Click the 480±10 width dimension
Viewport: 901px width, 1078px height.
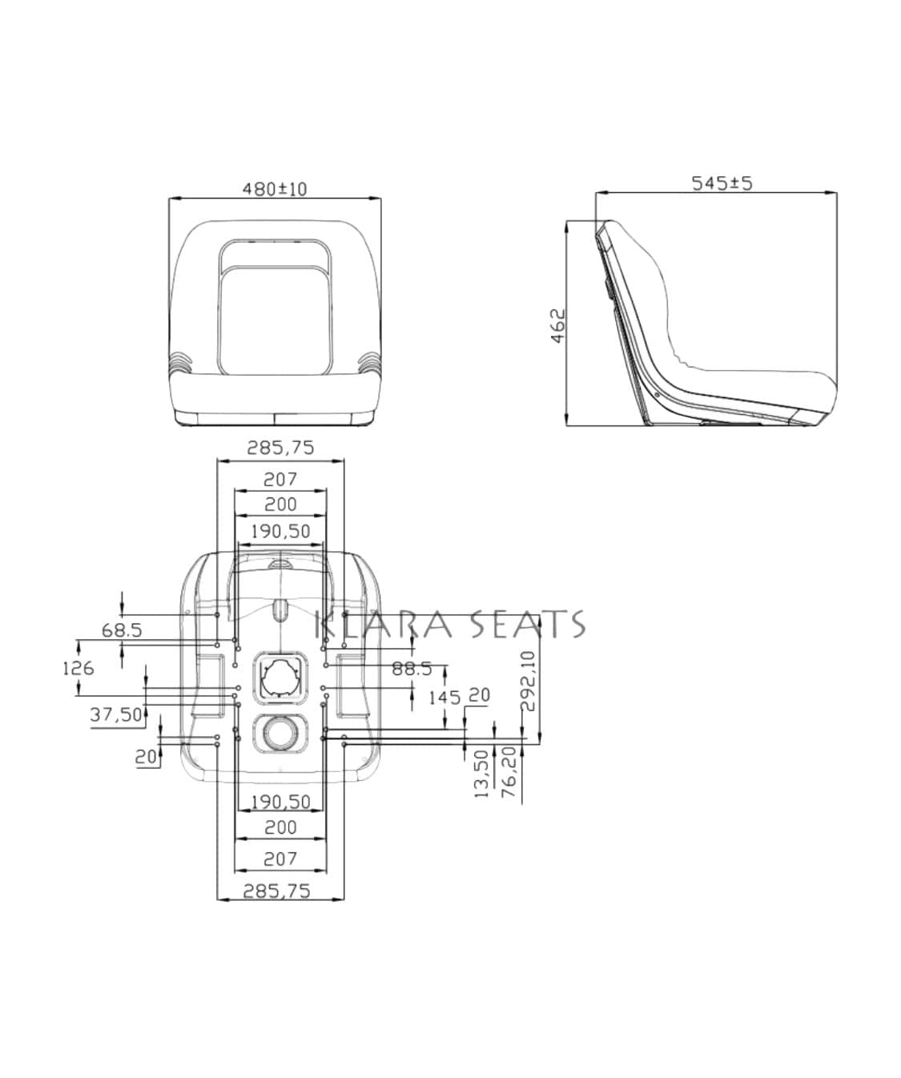(275, 189)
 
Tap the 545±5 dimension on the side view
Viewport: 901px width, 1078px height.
(722, 183)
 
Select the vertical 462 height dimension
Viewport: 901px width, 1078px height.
(559, 326)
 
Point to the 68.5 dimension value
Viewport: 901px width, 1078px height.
(122, 630)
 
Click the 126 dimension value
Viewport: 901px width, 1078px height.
(78, 669)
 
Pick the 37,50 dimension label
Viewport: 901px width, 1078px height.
(116, 715)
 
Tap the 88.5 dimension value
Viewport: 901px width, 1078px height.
(412, 669)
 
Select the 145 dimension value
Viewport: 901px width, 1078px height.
(445, 698)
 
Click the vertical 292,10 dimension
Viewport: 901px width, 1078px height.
(529, 681)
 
